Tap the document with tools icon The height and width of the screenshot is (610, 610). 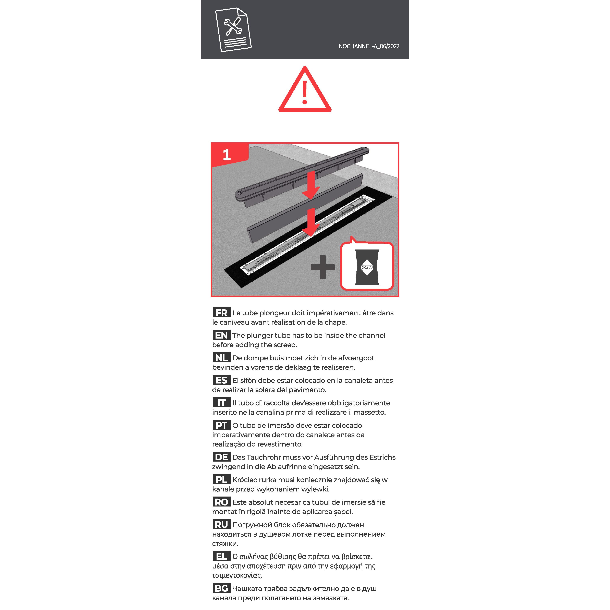pos(233,30)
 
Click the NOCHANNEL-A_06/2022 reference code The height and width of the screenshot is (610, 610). pos(369,46)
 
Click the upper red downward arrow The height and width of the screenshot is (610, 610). pos(311,185)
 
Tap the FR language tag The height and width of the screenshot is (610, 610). pos(221,313)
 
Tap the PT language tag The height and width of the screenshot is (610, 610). pos(221,425)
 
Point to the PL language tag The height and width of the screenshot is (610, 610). pos(221,479)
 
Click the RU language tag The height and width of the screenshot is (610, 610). pos(221,524)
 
